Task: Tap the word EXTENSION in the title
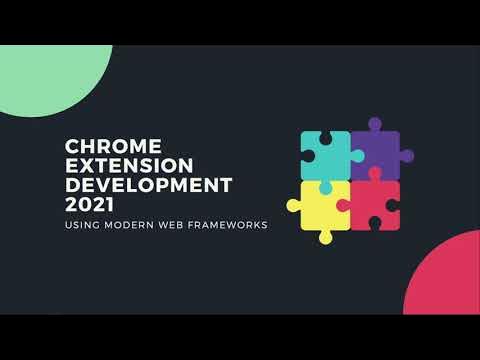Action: click(x=118, y=167)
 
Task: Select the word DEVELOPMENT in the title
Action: click(x=148, y=186)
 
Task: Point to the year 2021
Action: click(x=89, y=205)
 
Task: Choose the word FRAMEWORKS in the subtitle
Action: click(x=229, y=225)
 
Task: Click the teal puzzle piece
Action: click(x=325, y=155)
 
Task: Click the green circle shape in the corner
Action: click(x=45, y=75)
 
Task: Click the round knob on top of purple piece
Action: click(x=374, y=124)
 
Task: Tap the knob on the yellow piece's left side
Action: click(x=293, y=206)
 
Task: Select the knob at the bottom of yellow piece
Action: click(x=325, y=237)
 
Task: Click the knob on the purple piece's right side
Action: click(x=406, y=156)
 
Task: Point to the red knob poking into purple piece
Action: click(x=375, y=174)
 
